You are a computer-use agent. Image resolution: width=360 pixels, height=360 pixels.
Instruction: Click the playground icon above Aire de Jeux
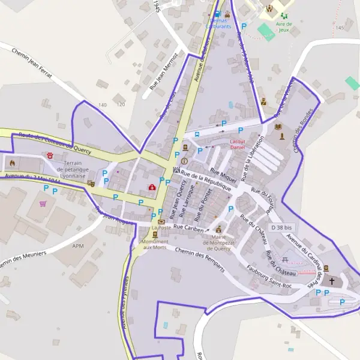point(284,16)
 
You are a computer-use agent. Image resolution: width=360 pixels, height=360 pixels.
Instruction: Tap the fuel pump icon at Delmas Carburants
point(217,13)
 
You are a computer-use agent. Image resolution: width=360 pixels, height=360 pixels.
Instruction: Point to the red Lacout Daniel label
point(238,144)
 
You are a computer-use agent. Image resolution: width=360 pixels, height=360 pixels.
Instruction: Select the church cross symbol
point(332,280)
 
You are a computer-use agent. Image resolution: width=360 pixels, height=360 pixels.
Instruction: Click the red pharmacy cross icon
point(152,187)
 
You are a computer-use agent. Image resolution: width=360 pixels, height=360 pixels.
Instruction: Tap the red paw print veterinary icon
point(50,155)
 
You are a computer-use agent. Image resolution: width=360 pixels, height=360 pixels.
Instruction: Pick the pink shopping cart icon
point(43,203)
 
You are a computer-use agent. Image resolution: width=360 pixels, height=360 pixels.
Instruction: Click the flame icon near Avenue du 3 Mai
point(11,162)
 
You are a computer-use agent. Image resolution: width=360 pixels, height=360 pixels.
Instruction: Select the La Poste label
point(161,228)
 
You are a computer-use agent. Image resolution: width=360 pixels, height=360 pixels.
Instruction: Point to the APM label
point(78,246)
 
